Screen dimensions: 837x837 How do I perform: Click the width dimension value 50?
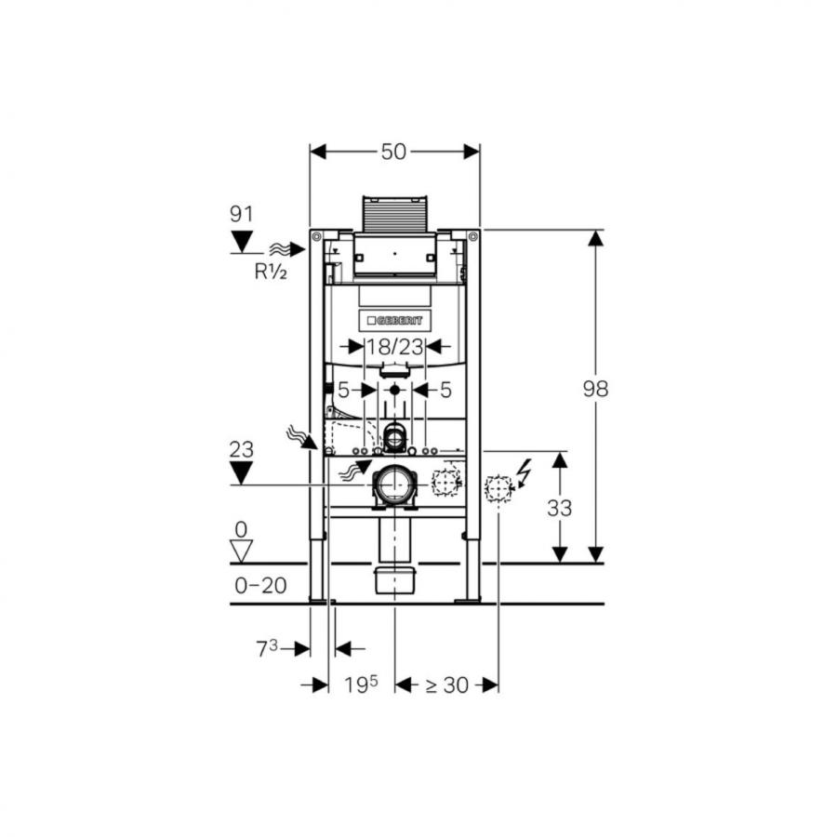pos(393,152)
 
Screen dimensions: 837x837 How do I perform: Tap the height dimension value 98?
pos(595,389)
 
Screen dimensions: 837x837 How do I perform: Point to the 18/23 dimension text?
pos(394,346)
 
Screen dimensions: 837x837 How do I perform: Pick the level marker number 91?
pos(241,214)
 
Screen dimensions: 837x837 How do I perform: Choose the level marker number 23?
pos(241,449)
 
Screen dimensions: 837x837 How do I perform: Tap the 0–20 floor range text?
pos(260,585)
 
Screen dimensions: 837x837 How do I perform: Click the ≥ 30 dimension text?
pos(446,685)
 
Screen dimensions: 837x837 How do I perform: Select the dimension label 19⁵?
pos(361,685)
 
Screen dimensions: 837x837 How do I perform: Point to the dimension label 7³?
pos(268,648)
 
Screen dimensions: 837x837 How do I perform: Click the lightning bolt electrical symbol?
pos(524,472)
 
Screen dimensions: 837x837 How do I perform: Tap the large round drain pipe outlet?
pos(395,485)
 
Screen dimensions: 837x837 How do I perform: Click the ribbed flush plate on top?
pos(393,213)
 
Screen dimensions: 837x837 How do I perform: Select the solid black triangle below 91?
pos(242,242)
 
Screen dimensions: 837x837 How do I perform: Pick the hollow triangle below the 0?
pos(242,551)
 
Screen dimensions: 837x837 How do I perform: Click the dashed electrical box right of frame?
pos(499,488)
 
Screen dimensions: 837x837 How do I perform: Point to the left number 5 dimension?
pos(343,390)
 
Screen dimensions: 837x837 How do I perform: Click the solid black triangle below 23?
pos(242,473)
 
